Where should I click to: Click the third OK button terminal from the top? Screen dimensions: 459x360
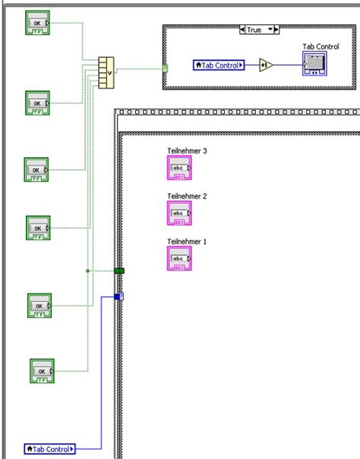(x=36, y=169)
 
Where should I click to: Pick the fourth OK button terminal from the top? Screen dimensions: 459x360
(x=38, y=227)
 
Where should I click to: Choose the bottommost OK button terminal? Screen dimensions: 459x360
(x=42, y=371)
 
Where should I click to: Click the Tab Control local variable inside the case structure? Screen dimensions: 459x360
(x=219, y=65)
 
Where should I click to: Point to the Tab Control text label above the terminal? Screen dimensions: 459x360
(x=321, y=46)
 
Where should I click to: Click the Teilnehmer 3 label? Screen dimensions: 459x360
(x=187, y=150)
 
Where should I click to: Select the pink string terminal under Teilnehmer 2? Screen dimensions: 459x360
(x=179, y=214)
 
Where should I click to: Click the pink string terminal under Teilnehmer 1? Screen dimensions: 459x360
(x=179, y=259)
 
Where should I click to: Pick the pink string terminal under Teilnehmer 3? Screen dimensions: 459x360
(x=179, y=168)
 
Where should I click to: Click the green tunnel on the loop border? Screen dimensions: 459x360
(x=119, y=270)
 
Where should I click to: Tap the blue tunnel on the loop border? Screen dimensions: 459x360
(x=118, y=296)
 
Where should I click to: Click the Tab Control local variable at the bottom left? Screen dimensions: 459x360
(x=50, y=449)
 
